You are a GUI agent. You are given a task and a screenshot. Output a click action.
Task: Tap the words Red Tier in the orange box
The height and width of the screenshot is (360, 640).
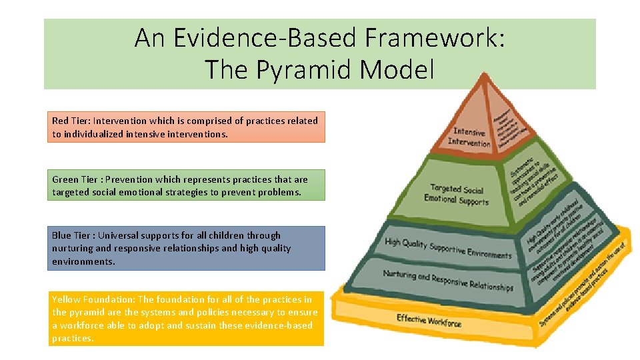70,121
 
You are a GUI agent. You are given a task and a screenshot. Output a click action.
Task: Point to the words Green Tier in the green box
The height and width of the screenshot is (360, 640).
75,179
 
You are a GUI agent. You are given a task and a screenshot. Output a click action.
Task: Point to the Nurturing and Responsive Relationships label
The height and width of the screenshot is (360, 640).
448,280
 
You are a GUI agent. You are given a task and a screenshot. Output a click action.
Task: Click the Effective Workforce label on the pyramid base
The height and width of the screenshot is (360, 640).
429,320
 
